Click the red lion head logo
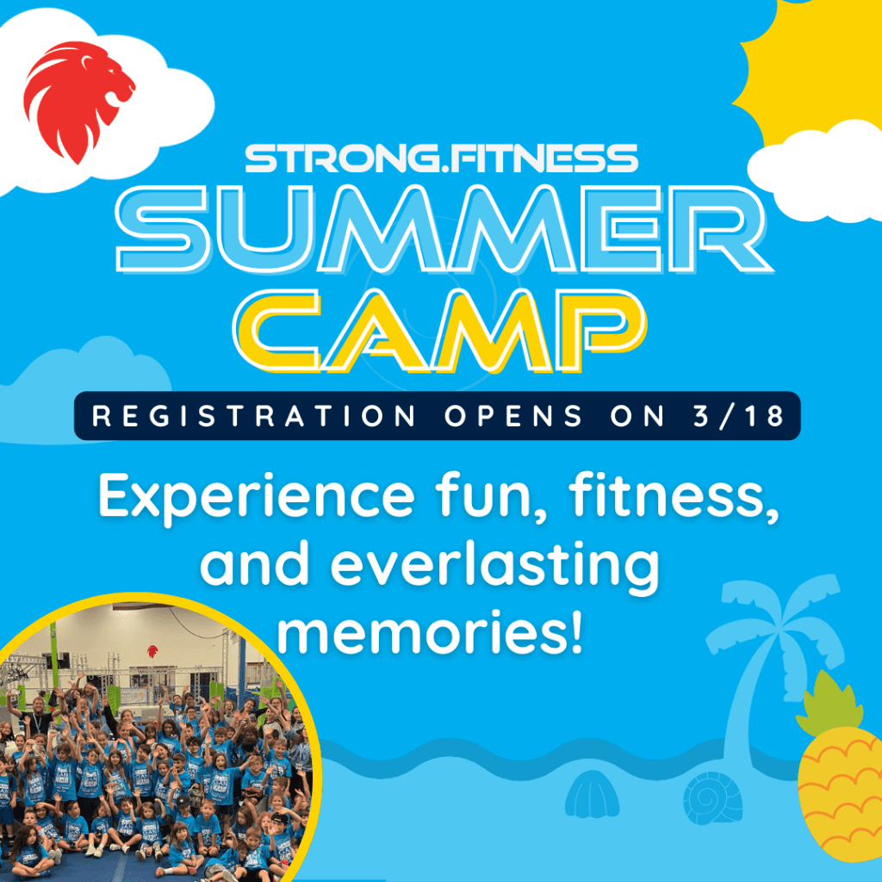tap(78, 99)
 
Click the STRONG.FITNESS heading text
tap(441, 158)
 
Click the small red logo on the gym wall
tap(152, 650)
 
